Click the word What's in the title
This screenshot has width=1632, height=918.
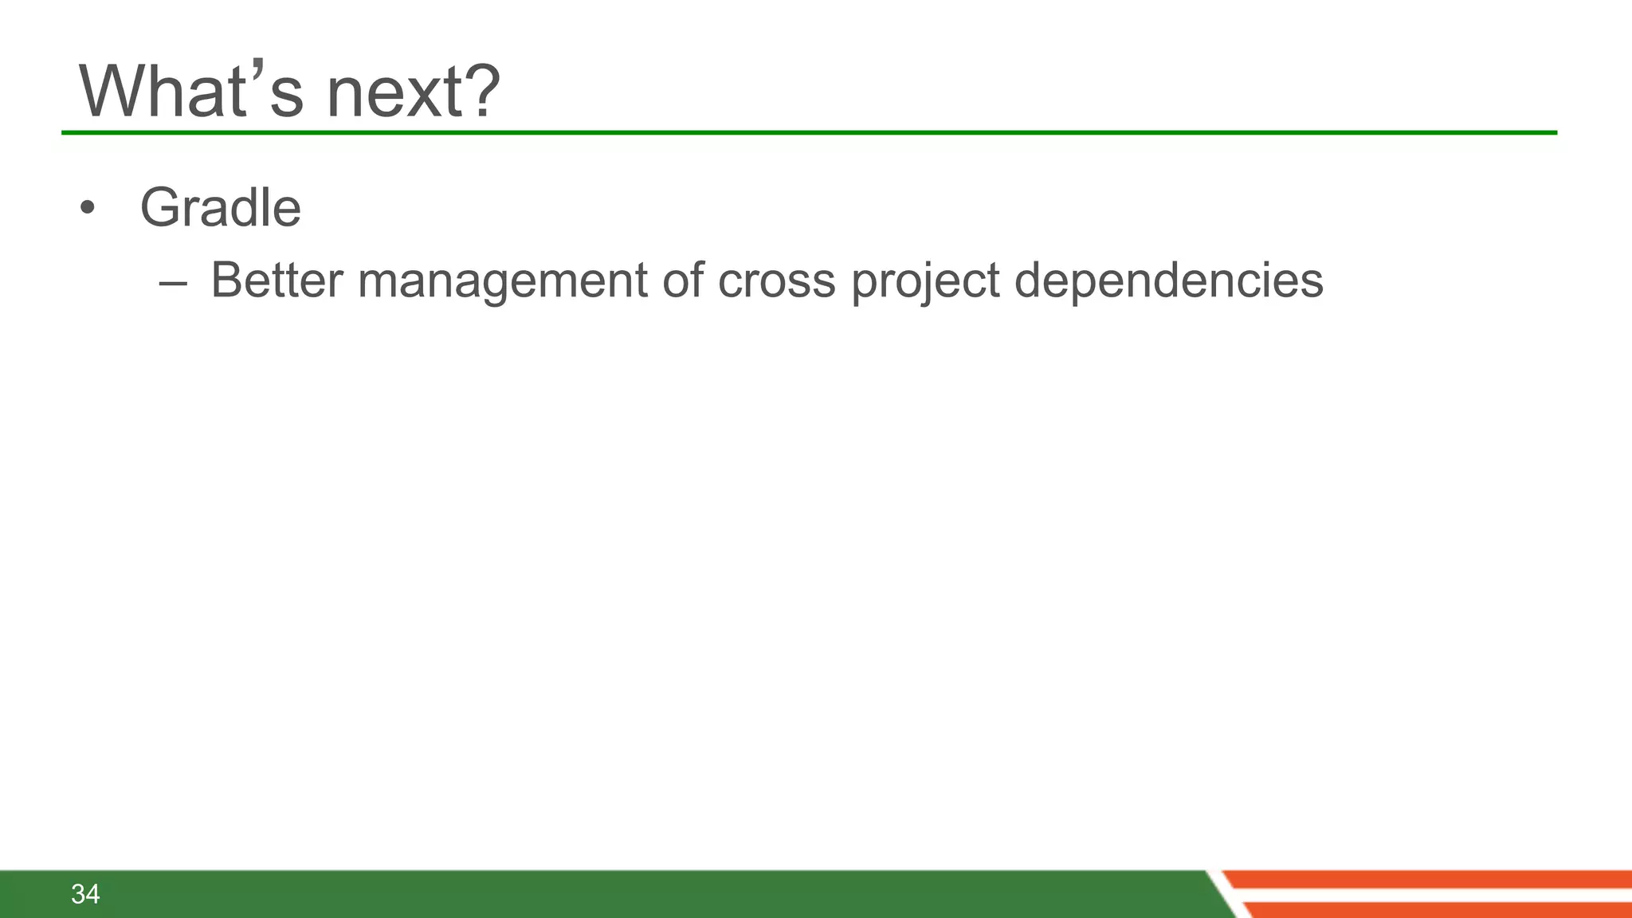click(x=191, y=92)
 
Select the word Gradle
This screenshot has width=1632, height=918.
click(x=220, y=208)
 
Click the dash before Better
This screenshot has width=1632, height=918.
click(x=173, y=282)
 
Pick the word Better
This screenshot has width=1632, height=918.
click(x=277, y=280)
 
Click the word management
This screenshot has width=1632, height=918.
click(x=502, y=282)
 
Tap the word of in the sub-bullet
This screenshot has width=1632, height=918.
click(x=683, y=280)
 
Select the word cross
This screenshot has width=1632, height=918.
click(x=776, y=282)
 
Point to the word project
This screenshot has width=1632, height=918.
click(x=925, y=282)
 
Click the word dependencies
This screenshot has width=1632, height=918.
click(x=1168, y=282)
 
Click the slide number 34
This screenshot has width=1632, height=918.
click(x=85, y=894)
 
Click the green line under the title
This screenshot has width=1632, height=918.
click(x=797, y=132)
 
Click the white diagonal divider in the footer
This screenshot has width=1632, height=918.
click(x=1224, y=894)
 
